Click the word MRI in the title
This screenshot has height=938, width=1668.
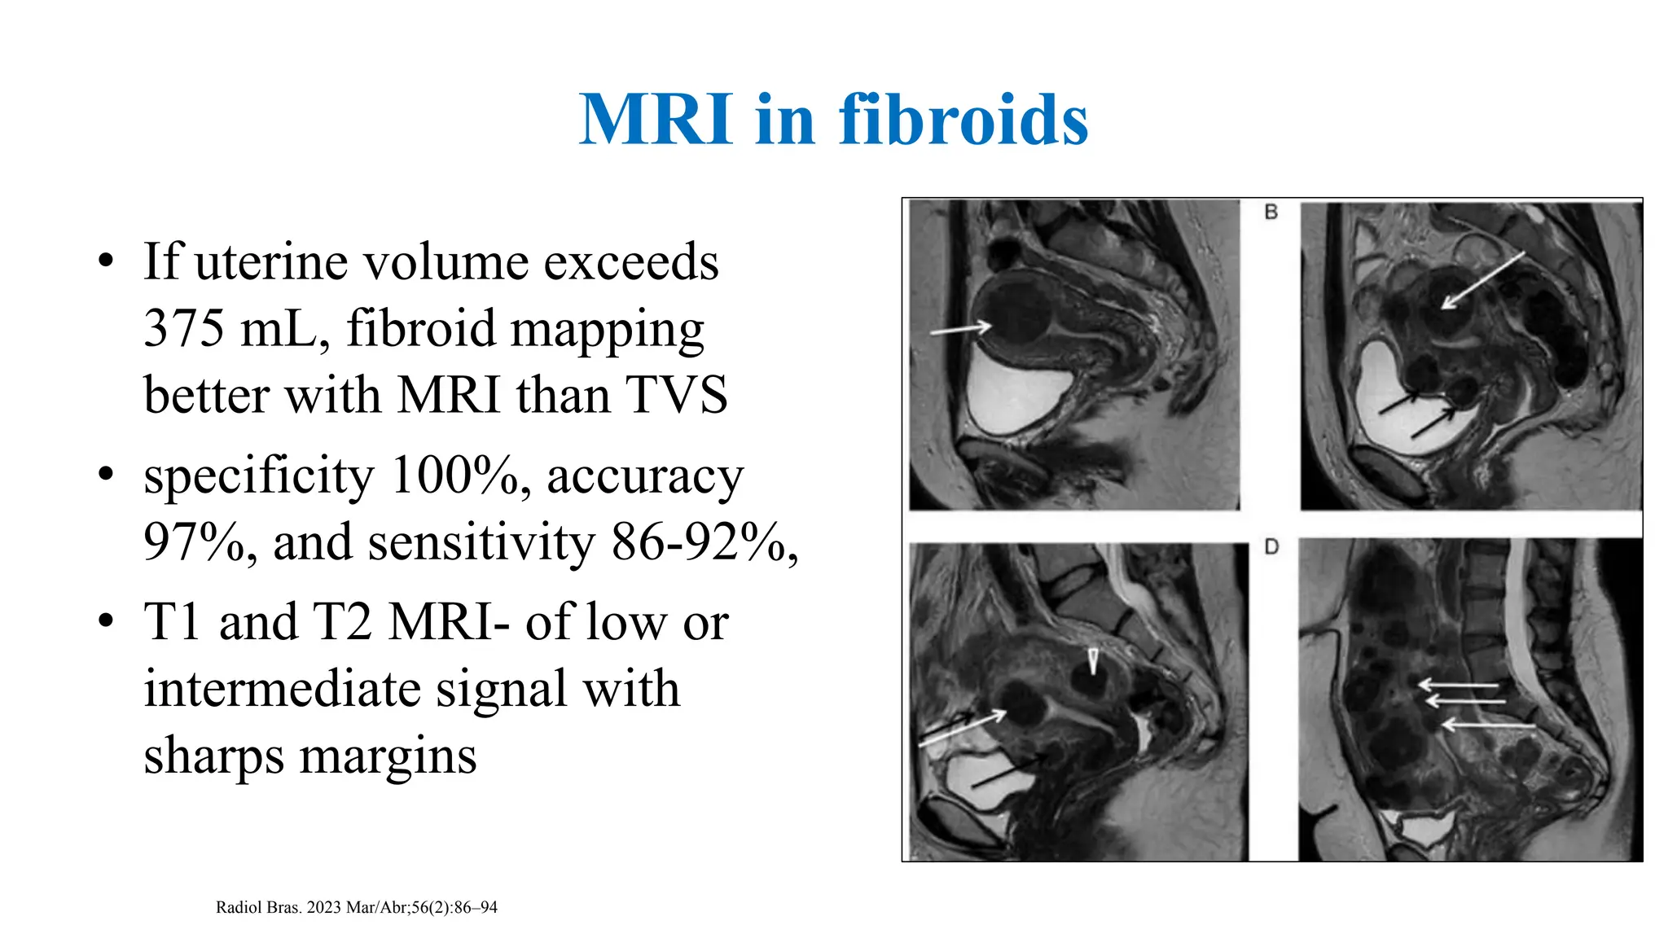[656, 121]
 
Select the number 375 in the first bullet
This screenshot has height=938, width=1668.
[183, 329]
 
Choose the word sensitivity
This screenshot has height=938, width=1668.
[481, 542]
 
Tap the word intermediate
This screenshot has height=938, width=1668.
[283, 689]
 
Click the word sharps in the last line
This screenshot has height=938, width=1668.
[215, 756]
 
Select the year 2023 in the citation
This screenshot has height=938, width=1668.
[324, 908]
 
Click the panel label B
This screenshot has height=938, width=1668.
[1271, 213]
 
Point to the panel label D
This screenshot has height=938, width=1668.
[1271, 547]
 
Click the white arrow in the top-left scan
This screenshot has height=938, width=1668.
[961, 329]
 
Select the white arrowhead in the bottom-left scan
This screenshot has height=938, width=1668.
[1093, 660]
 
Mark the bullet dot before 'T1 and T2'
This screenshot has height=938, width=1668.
[105, 621]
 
